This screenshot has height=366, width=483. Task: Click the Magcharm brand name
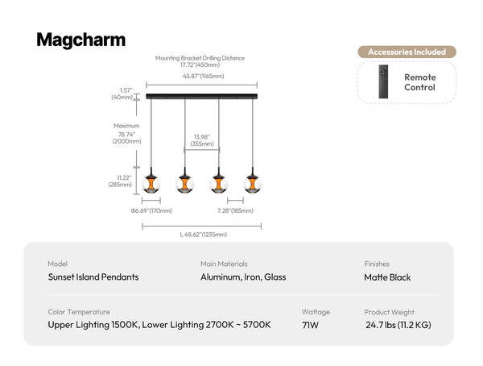click(81, 40)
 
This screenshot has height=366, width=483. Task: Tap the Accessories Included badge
click(407, 52)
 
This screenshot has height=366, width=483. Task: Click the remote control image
click(383, 81)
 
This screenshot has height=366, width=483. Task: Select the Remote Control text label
click(420, 82)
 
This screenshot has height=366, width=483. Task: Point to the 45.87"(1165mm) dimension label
click(204, 76)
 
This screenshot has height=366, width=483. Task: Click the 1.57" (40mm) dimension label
click(122, 94)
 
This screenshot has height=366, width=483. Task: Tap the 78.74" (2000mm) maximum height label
click(126, 138)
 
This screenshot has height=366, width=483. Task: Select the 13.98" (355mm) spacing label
click(202, 140)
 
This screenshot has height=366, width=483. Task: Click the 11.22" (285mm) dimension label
click(120, 181)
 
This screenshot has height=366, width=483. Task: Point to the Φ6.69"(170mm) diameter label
click(151, 210)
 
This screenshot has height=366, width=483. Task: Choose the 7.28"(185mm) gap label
click(235, 210)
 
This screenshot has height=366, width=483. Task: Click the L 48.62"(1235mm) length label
click(204, 235)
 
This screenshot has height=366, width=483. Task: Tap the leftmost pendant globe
click(151, 184)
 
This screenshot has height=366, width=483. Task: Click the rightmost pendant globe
click(253, 184)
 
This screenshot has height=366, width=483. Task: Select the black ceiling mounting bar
click(202, 96)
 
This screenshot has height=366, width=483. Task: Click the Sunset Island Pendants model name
click(93, 277)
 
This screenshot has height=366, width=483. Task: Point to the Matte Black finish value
click(387, 277)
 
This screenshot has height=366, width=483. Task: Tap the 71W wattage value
click(310, 325)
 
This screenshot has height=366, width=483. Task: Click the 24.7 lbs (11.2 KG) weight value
click(398, 325)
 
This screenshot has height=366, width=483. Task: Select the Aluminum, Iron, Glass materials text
click(243, 277)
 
